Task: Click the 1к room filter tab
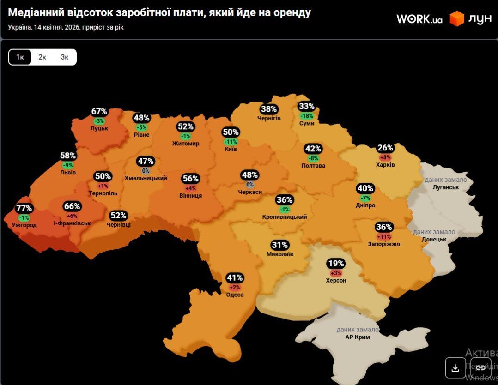pyautogui.click(x=20, y=57)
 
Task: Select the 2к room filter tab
pyautogui.click(x=43, y=57)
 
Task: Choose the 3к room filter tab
pyautogui.click(x=65, y=57)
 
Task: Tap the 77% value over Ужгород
pyautogui.click(x=24, y=208)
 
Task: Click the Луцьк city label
pyautogui.click(x=99, y=128)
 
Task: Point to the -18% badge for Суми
pyautogui.click(x=306, y=116)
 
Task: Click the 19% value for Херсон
pyautogui.click(x=336, y=264)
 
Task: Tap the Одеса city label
pyautogui.click(x=235, y=295)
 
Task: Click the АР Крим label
pyautogui.click(x=358, y=337)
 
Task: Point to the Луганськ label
pyautogui.click(x=446, y=187)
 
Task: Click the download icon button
pyautogui.click(x=455, y=367)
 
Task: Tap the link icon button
pyautogui.click(x=480, y=367)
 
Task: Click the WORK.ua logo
pyautogui.click(x=419, y=19)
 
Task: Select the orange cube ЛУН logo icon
pyautogui.click(x=456, y=18)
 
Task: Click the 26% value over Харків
pyautogui.click(x=385, y=148)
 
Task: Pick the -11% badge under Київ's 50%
pyautogui.click(x=231, y=142)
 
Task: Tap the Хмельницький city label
pyautogui.click(x=146, y=178)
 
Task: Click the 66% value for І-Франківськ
pyautogui.click(x=72, y=206)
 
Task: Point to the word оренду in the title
pyautogui.click(x=292, y=12)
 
